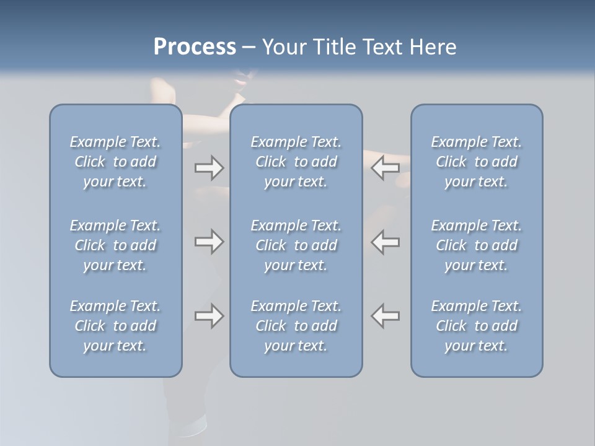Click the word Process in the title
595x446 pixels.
194,47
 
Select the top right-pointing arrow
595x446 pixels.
209,168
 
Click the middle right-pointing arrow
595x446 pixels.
209,242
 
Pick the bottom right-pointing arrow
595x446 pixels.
209,316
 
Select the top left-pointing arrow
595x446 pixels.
386,168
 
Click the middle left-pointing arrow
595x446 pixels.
386,242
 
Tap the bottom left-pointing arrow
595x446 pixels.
386,316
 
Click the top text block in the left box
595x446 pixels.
115,162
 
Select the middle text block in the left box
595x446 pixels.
115,245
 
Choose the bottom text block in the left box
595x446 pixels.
115,326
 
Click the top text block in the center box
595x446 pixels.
296,162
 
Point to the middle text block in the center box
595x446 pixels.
296,245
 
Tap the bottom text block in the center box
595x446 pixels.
296,326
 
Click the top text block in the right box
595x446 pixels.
476,162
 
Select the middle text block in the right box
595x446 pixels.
476,245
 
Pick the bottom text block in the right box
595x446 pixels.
476,326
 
